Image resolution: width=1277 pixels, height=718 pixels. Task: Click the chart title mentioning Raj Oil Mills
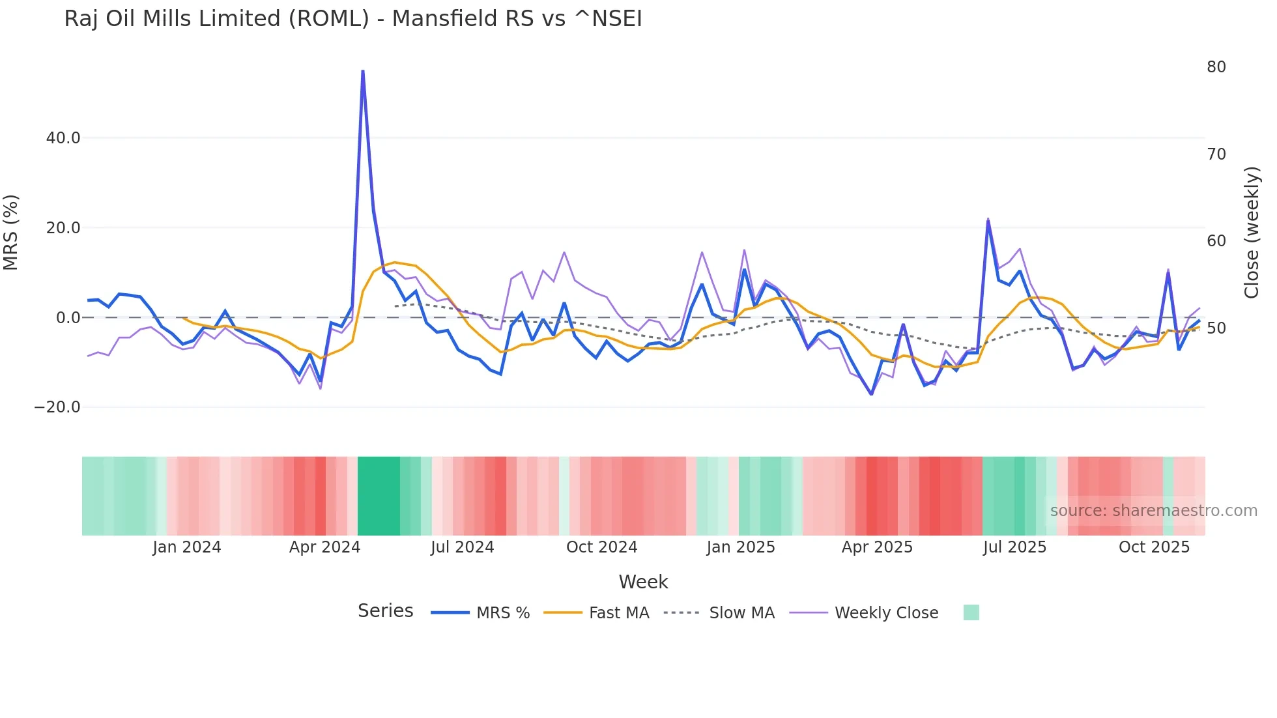[x=352, y=19]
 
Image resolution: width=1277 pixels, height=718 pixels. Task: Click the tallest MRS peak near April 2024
[x=362, y=72]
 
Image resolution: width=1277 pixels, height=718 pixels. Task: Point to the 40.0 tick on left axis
[x=63, y=138]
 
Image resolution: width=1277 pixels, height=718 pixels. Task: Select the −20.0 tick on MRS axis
[x=57, y=407]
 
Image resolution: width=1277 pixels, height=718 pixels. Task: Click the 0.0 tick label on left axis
[x=68, y=318]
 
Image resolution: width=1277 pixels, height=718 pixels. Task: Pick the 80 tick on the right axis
[x=1216, y=67]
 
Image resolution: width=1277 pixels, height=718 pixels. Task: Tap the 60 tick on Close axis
[x=1216, y=241]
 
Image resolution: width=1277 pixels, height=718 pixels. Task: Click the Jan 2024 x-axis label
[x=187, y=547]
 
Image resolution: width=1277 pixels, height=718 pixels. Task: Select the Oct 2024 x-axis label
[x=601, y=547]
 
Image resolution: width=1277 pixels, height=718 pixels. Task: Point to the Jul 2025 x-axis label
[x=1014, y=547]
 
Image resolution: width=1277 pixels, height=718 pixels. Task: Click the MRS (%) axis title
[x=11, y=233]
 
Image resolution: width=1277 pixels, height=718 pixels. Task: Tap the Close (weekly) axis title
[x=1251, y=233]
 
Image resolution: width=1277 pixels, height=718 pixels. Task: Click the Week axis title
[x=643, y=582]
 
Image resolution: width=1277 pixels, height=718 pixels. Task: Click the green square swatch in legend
[x=971, y=612]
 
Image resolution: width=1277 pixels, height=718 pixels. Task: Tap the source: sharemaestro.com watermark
[x=1153, y=511]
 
